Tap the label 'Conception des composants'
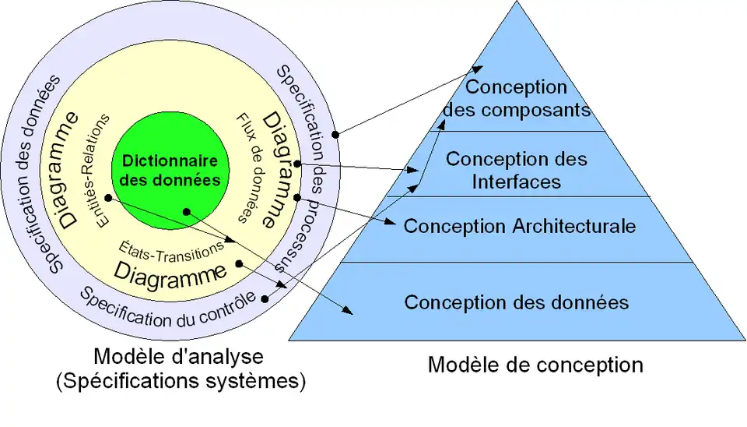pos(517,97)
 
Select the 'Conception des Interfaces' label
pos(517,170)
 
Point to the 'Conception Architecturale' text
pos(520,227)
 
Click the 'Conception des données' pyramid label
pos(517,302)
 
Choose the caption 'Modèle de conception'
pos(535,365)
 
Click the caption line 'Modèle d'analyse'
pos(178,357)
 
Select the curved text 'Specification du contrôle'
pos(168,309)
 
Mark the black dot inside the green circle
pos(185,211)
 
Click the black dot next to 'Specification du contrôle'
pos(266,297)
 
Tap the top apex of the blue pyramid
pos(517,3)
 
